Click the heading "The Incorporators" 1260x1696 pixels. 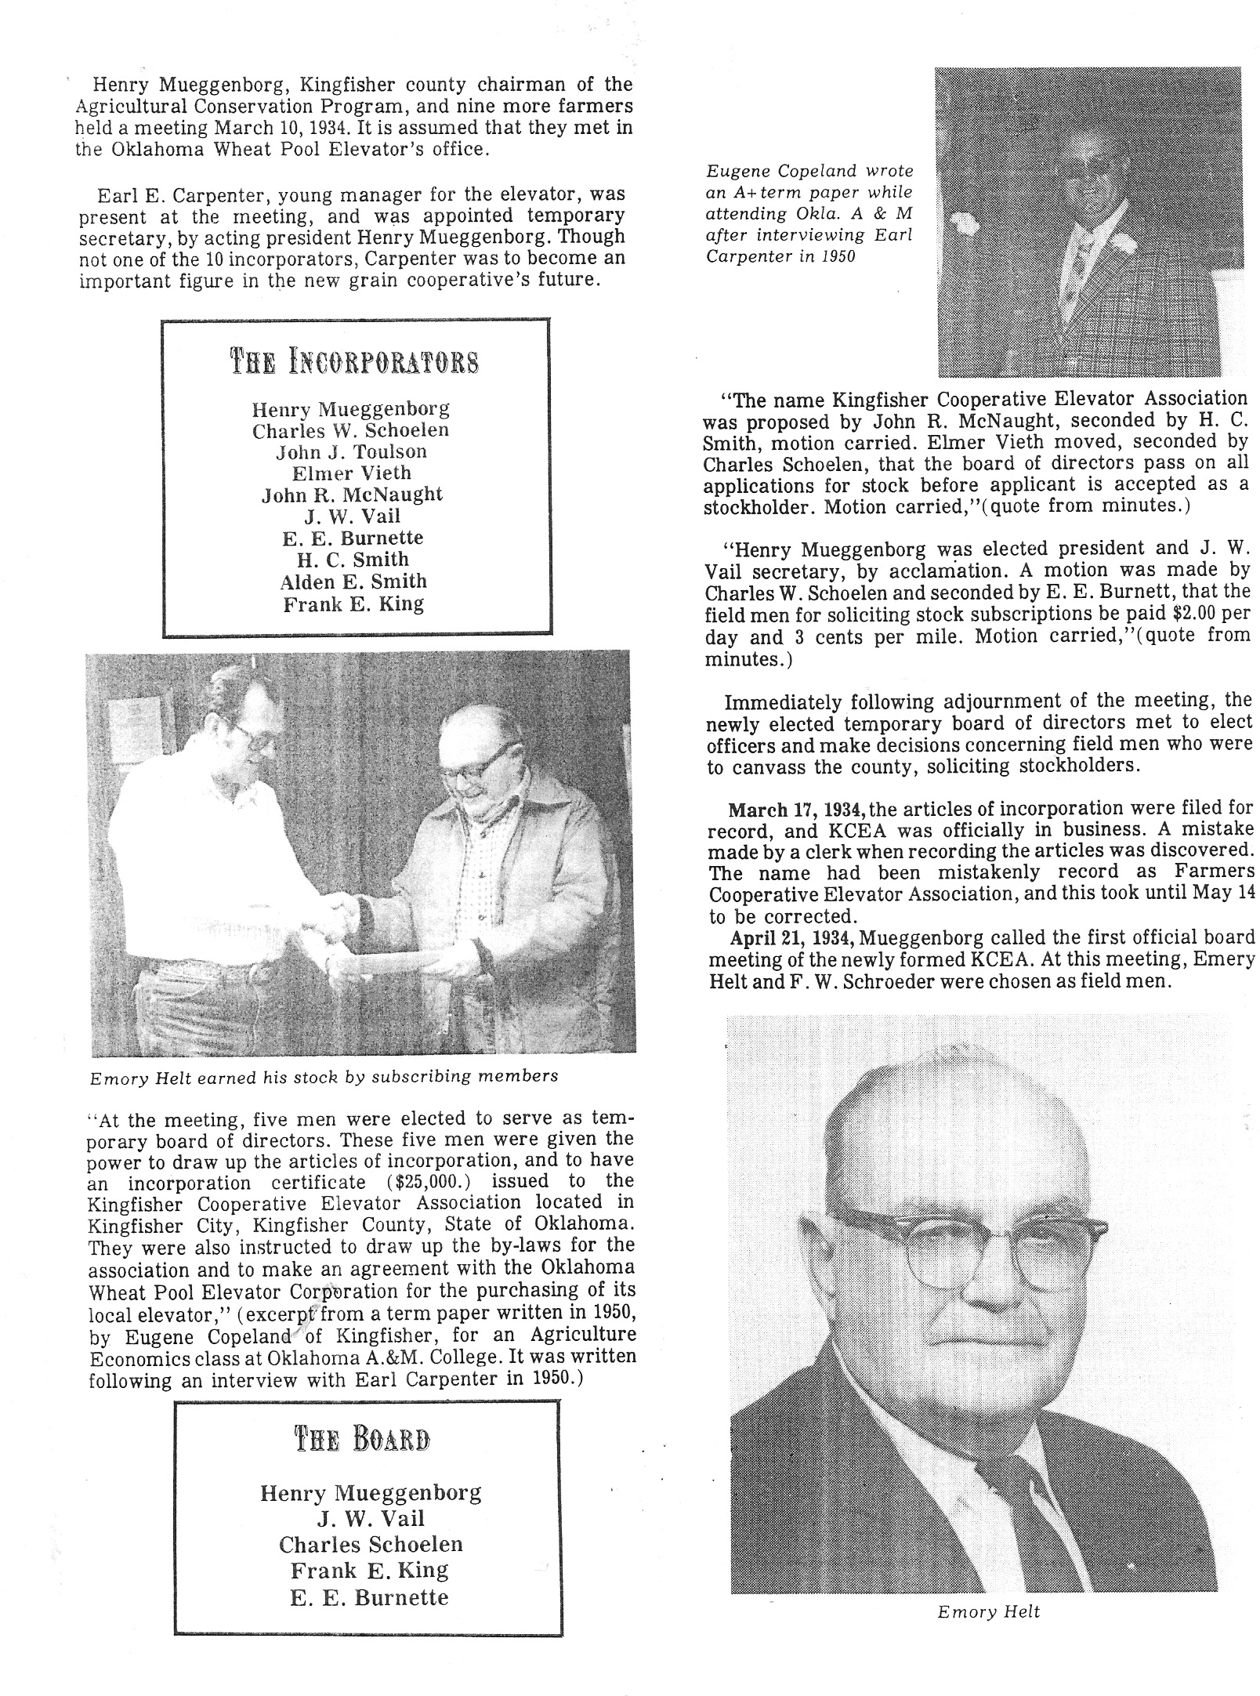(x=354, y=362)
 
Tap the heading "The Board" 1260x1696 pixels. (x=361, y=1440)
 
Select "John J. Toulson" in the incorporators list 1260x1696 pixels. (x=351, y=452)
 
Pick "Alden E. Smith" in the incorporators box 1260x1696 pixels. (x=353, y=582)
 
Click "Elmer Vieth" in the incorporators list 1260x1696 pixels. (x=351, y=473)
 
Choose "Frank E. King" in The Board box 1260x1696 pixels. (x=369, y=1571)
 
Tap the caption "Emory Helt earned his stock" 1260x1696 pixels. (x=324, y=1077)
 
